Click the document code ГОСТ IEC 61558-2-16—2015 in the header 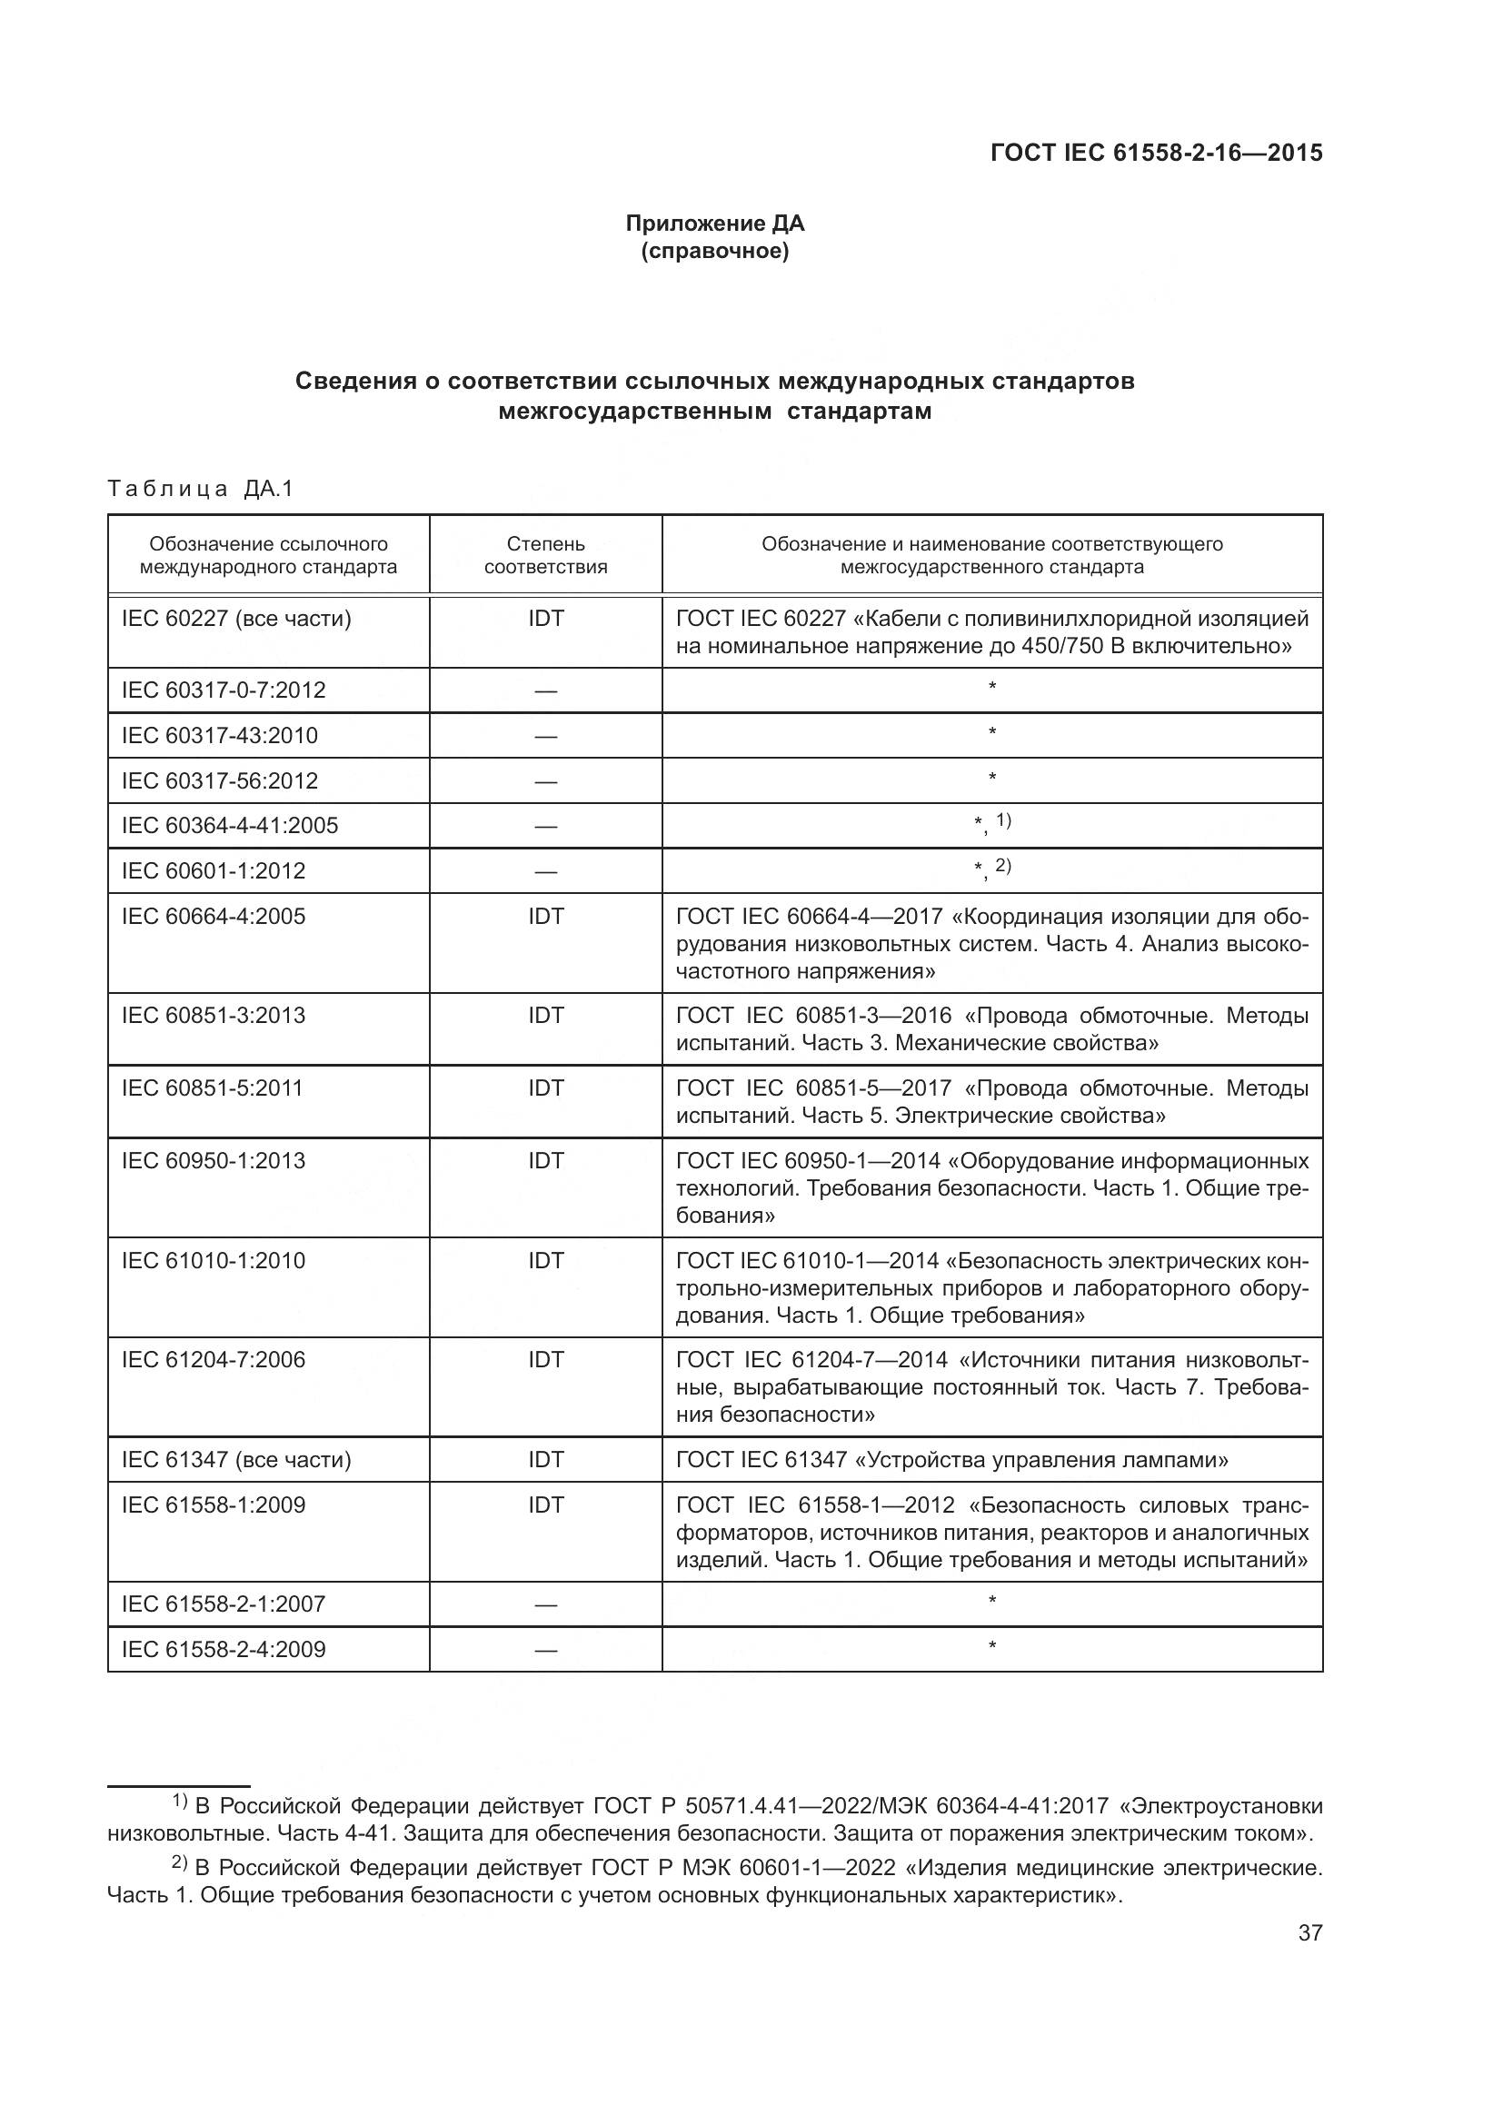(x=1156, y=153)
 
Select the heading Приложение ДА (x=714, y=223)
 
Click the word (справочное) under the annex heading (x=714, y=251)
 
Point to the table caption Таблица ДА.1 (x=200, y=489)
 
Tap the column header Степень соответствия (x=545, y=554)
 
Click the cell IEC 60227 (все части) (x=236, y=619)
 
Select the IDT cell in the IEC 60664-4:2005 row (x=545, y=917)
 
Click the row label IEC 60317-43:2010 (x=219, y=736)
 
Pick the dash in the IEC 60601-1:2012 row (x=545, y=872)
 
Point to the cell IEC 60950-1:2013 (x=213, y=1160)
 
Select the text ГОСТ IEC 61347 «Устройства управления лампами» (x=951, y=1460)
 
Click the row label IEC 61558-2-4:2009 (x=223, y=1649)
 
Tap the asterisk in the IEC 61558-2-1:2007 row (x=991, y=1601)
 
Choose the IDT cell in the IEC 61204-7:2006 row (x=545, y=1360)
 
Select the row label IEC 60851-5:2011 (x=212, y=1088)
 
